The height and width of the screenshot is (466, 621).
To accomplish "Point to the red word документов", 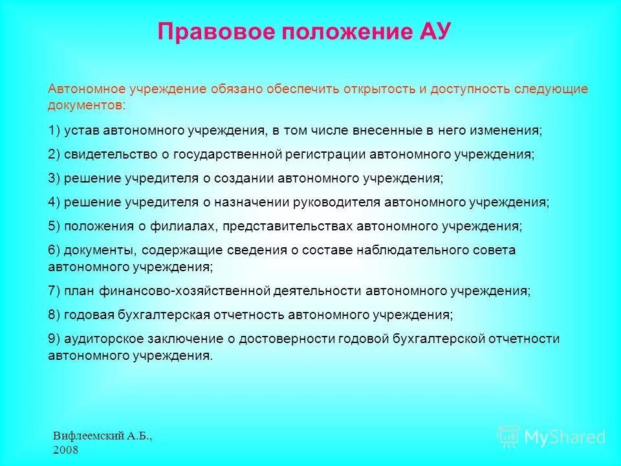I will [85, 105].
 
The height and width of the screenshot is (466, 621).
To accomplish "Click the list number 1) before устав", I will [54, 130].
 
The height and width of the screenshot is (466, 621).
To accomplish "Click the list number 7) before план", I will [54, 291].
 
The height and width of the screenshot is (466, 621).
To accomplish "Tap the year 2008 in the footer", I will [66, 450].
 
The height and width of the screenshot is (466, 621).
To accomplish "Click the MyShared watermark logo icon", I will [508, 437].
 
